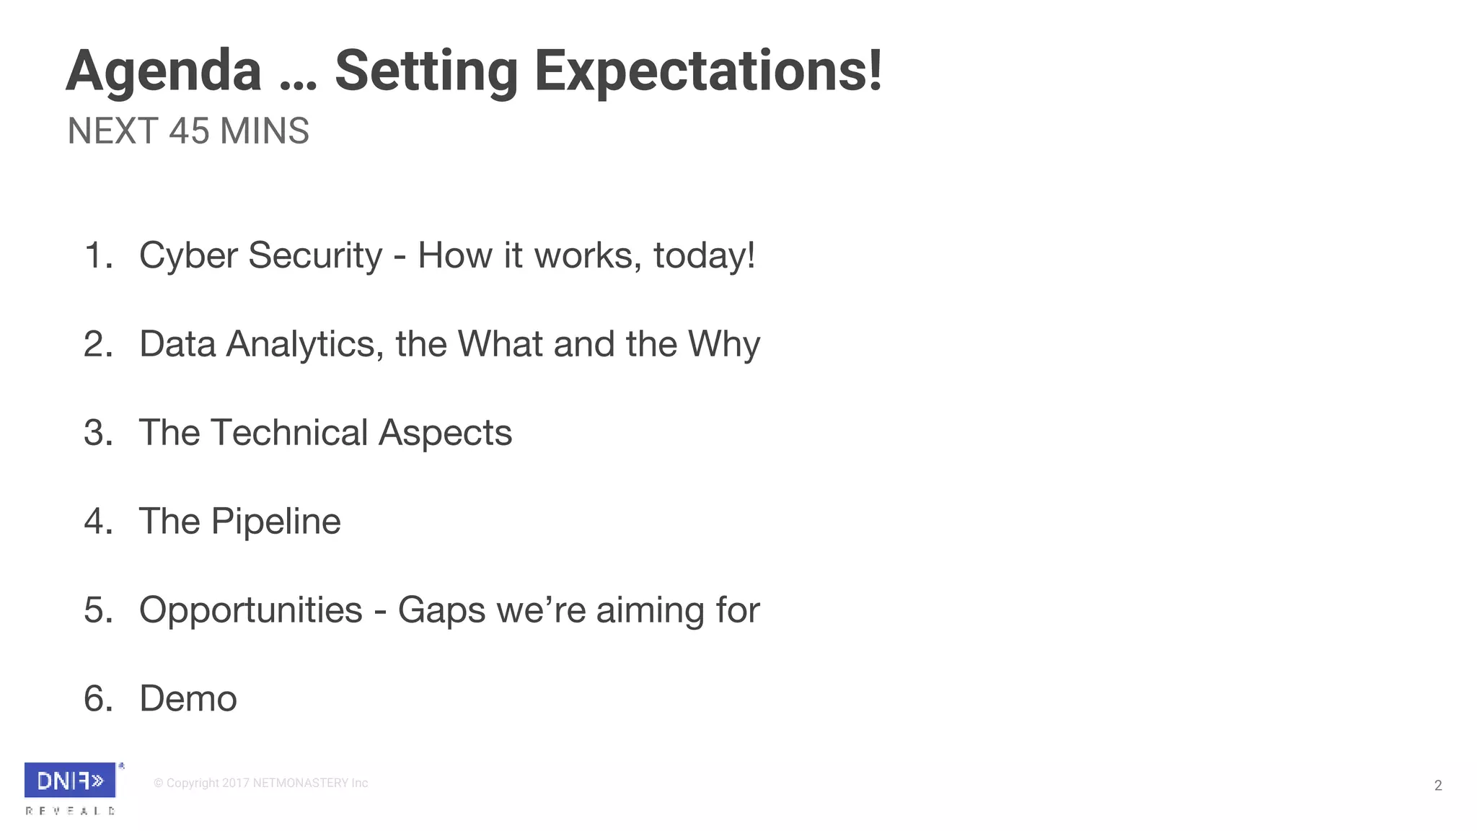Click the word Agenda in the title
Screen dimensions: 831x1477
[x=164, y=71]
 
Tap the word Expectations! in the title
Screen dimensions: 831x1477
[x=707, y=71]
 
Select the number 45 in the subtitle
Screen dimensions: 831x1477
[x=189, y=131]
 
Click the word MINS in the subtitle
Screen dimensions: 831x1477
[x=265, y=131]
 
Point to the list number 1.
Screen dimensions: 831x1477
[x=97, y=255]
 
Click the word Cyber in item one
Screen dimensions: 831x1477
[x=188, y=255]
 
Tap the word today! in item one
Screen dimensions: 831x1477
[x=704, y=255]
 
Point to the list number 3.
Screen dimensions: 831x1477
[x=97, y=433]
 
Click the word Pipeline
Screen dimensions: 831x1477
[x=275, y=522]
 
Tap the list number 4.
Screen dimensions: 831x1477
[x=97, y=522]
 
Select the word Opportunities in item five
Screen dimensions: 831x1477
[x=250, y=610]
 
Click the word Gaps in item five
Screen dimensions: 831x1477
[x=441, y=610]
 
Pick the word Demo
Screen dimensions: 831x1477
[x=188, y=699]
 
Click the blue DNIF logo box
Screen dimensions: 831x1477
[x=70, y=781]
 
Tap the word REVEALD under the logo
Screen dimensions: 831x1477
[x=70, y=811]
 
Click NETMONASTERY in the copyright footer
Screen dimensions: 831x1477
[x=300, y=783]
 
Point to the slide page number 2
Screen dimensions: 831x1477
[x=1437, y=786]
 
